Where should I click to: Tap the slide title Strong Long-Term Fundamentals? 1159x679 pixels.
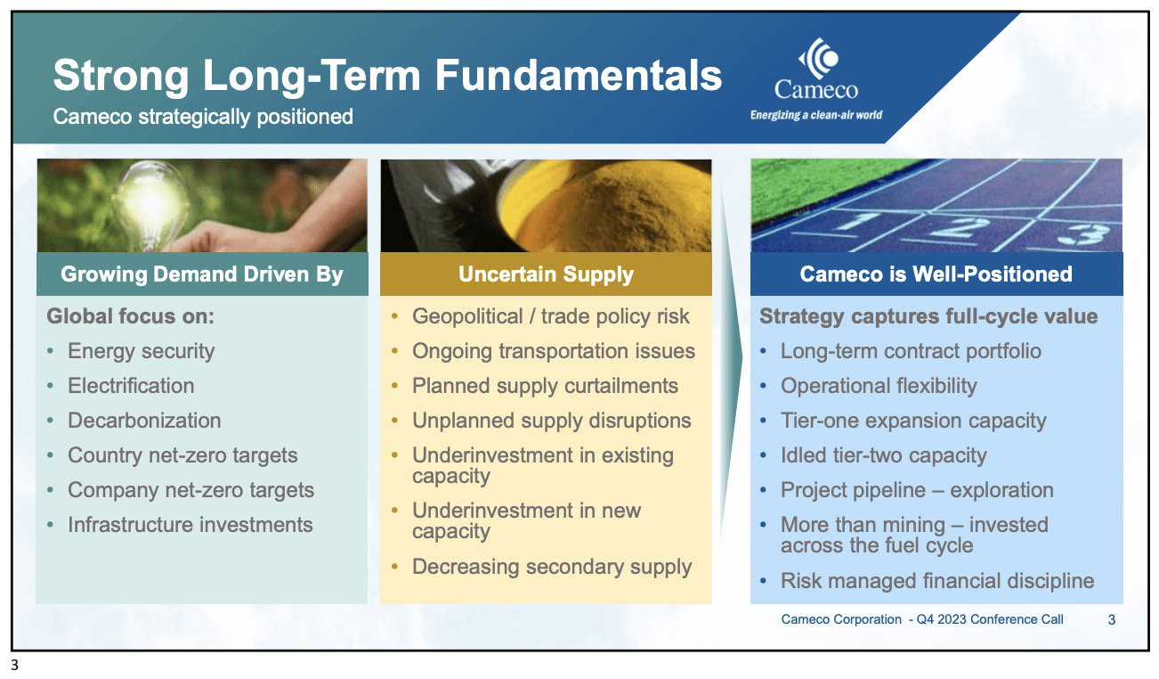click(387, 76)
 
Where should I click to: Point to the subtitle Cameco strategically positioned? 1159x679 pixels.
click(203, 117)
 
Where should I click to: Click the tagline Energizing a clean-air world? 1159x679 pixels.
click(816, 115)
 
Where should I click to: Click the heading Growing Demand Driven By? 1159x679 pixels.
click(202, 274)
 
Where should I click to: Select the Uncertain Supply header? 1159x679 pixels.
click(546, 274)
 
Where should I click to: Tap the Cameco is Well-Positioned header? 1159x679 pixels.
click(936, 274)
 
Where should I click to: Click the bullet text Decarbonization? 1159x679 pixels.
click(144, 421)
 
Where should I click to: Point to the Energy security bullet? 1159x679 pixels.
click(142, 351)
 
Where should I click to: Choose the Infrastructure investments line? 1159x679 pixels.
click(190, 525)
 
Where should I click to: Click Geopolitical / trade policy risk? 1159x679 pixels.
click(550, 316)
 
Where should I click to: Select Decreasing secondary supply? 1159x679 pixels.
click(552, 567)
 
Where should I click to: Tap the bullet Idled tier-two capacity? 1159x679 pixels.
click(884, 455)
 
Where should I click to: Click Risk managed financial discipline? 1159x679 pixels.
click(937, 581)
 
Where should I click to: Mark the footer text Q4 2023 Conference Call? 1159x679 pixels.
click(990, 619)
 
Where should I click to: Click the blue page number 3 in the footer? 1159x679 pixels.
click(1112, 620)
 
